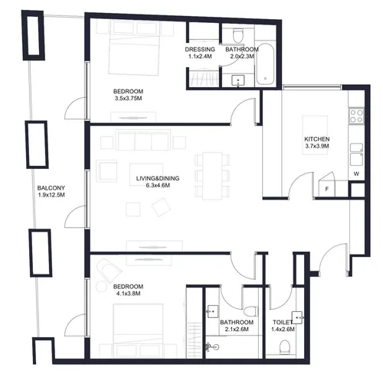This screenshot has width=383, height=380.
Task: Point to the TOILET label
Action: [281, 323]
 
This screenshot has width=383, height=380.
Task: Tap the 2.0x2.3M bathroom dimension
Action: [241, 56]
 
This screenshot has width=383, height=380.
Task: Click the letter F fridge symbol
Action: [326, 188]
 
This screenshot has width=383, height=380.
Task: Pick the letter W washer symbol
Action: [357, 174]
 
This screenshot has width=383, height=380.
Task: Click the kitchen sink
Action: [356, 150]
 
